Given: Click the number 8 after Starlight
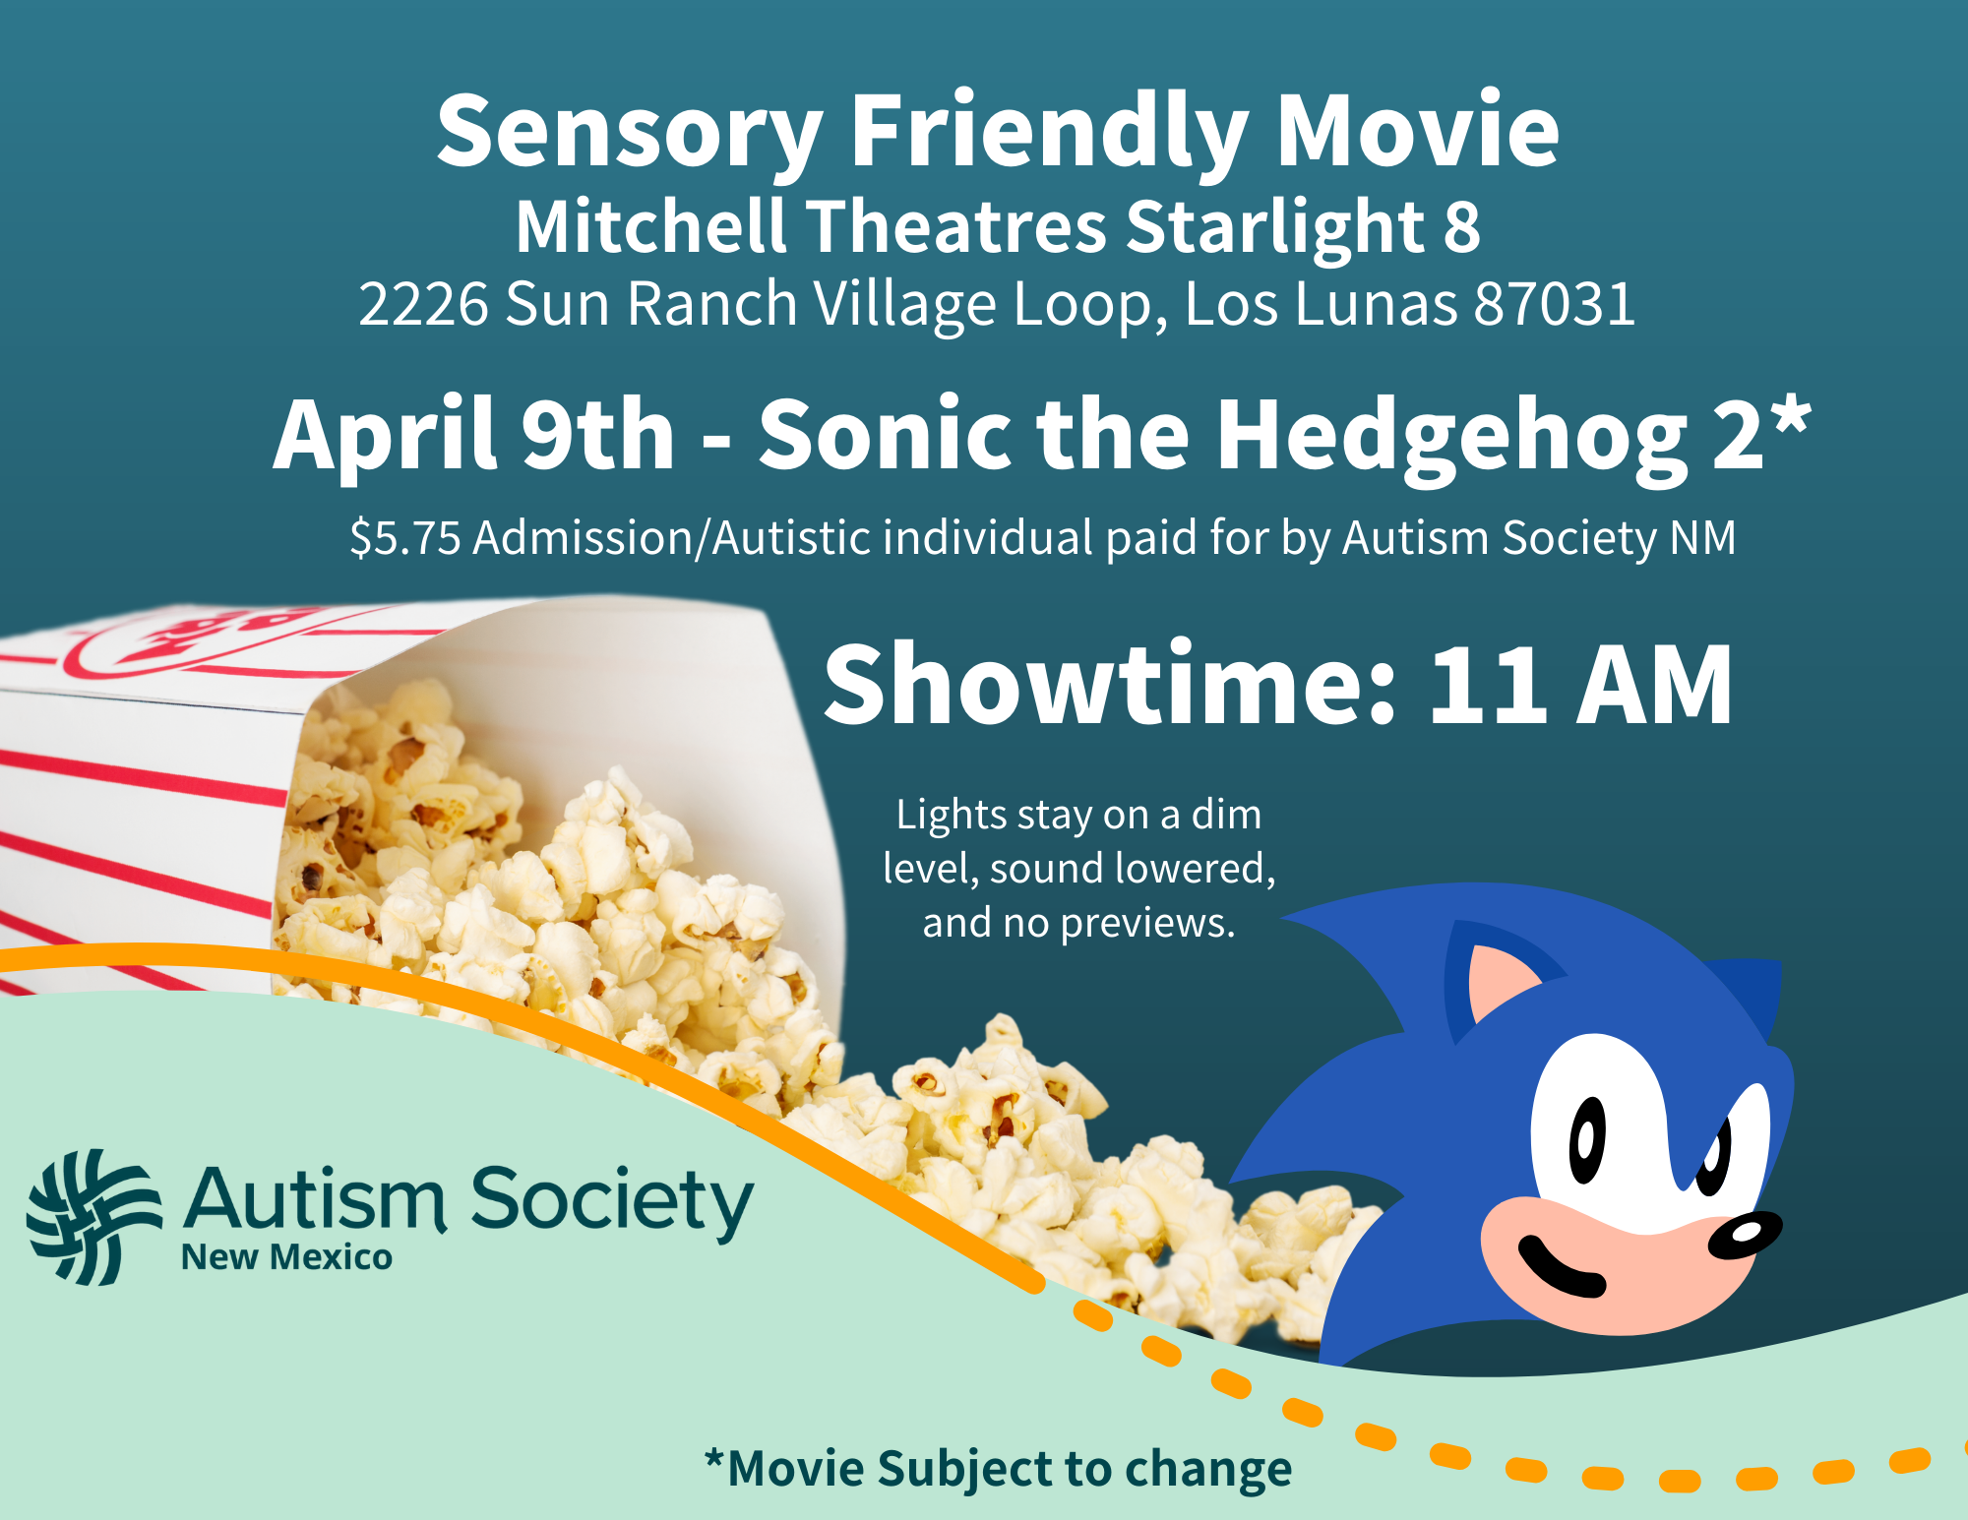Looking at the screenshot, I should click(1461, 226).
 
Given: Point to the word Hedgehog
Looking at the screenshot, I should click(1451, 435).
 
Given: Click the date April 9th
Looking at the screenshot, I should click(473, 435).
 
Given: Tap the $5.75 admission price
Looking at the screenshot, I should click(405, 538).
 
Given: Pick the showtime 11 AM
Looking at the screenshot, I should click(1579, 685).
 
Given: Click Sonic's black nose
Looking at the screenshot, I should click(1744, 1236).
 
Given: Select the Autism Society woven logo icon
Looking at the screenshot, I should click(93, 1217).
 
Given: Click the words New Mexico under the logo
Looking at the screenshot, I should click(286, 1257).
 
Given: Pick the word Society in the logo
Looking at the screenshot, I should click(611, 1202).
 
